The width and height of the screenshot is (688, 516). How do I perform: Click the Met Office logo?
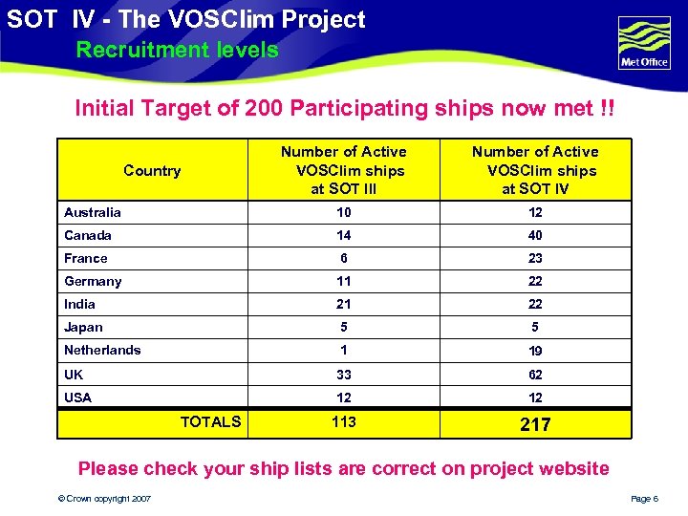tap(644, 43)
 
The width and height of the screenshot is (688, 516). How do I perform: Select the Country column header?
tap(152, 171)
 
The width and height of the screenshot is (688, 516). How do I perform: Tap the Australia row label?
tap(93, 212)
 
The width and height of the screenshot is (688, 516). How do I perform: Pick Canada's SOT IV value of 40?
tap(535, 235)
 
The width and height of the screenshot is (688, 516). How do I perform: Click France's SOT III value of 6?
tap(344, 258)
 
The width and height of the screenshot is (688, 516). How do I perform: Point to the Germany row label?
tap(93, 281)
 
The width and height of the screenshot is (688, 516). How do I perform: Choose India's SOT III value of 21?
tap(344, 304)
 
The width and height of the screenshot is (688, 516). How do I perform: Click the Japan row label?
tap(83, 327)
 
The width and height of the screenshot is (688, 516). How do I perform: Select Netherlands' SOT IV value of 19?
tap(535, 351)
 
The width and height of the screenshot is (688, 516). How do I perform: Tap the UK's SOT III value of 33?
tap(344, 375)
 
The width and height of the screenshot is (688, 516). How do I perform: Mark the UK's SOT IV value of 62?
tap(535, 375)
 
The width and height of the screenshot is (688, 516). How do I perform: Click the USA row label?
tap(78, 398)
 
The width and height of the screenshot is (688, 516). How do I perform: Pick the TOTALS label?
tap(210, 421)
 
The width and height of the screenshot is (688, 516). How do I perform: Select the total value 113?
tap(344, 421)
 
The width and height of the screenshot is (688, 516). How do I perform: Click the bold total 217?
tap(535, 424)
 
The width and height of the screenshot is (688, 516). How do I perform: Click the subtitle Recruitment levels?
tap(177, 50)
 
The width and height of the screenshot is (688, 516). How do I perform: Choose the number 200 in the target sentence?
tap(264, 108)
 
